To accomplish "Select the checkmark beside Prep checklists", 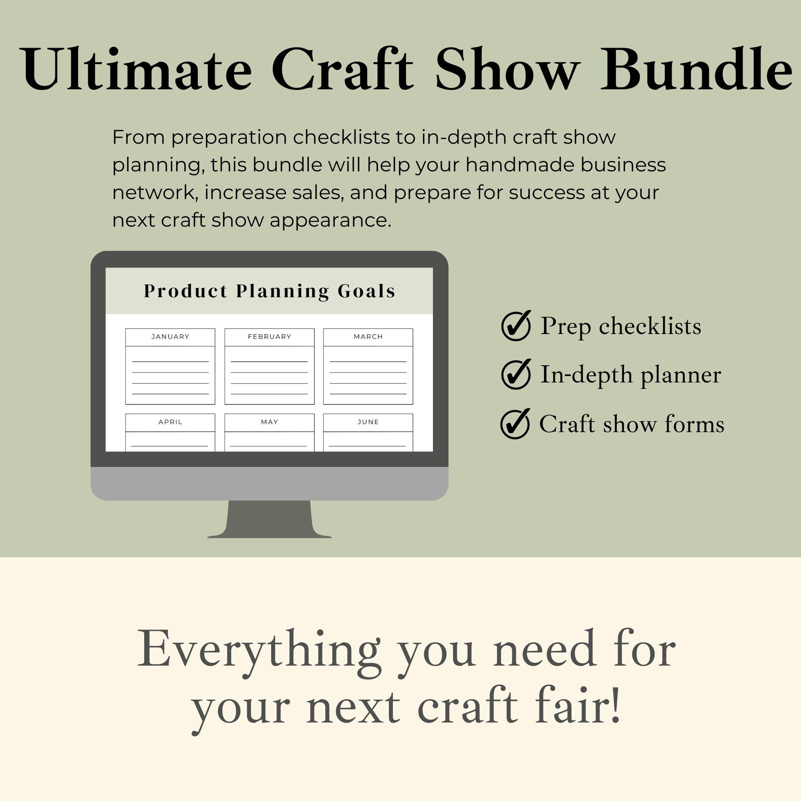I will [x=516, y=326].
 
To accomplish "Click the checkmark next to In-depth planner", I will [x=516, y=374].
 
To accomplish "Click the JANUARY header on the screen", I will [x=170, y=337].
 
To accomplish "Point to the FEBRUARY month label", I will [x=270, y=337].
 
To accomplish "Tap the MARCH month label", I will [x=368, y=337].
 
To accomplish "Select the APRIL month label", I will [x=170, y=422].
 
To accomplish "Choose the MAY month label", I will [x=270, y=422].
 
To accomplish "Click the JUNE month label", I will [x=368, y=422].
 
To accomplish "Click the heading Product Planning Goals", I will [x=270, y=291].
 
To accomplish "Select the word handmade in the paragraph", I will [x=520, y=165].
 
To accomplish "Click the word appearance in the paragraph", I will [x=330, y=220].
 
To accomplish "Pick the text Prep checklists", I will [x=621, y=326].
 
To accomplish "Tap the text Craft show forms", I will [x=632, y=424].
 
